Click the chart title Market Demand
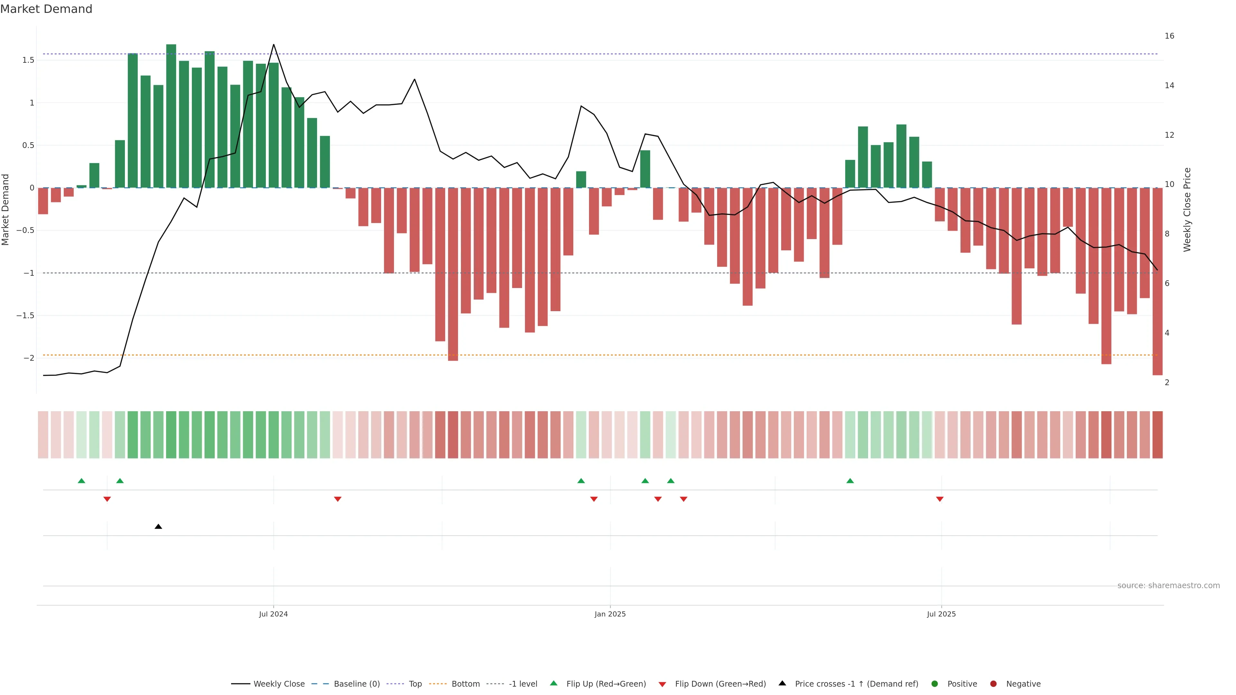point(46,9)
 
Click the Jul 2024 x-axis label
point(273,614)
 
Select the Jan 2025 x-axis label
point(610,614)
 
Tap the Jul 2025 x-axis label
point(941,614)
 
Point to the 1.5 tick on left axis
point(28,60)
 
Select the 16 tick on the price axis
point(1169,36)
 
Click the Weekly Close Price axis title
point(1187,209)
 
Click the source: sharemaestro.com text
point(1168,586)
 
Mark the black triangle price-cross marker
point(158,527)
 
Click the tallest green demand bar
point(171,115)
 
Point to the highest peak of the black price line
point(274,45)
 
